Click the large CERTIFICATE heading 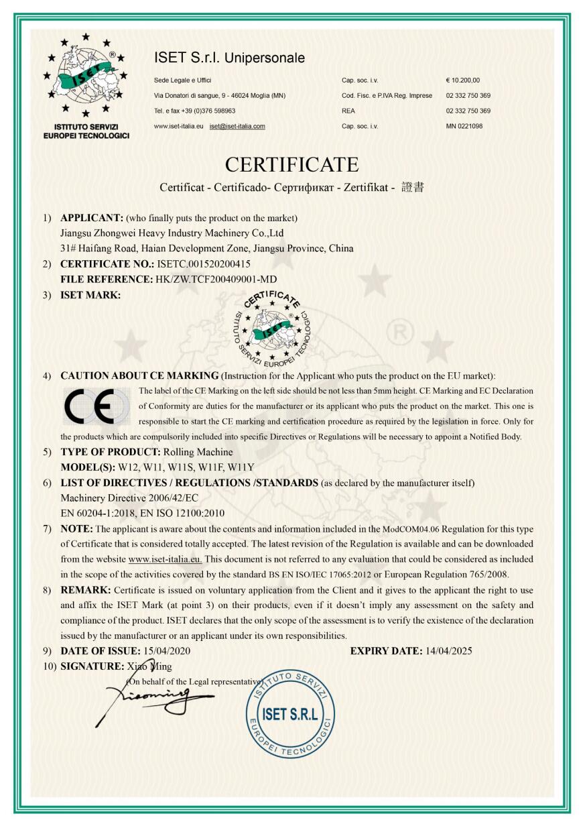[291, 164]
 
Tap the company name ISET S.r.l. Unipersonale [229, 58]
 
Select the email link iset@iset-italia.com [237, 125]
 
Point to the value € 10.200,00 [462, 80]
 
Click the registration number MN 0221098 [464, 125]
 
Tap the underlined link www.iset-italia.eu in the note [166, 558]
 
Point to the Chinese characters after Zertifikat [412, 188]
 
